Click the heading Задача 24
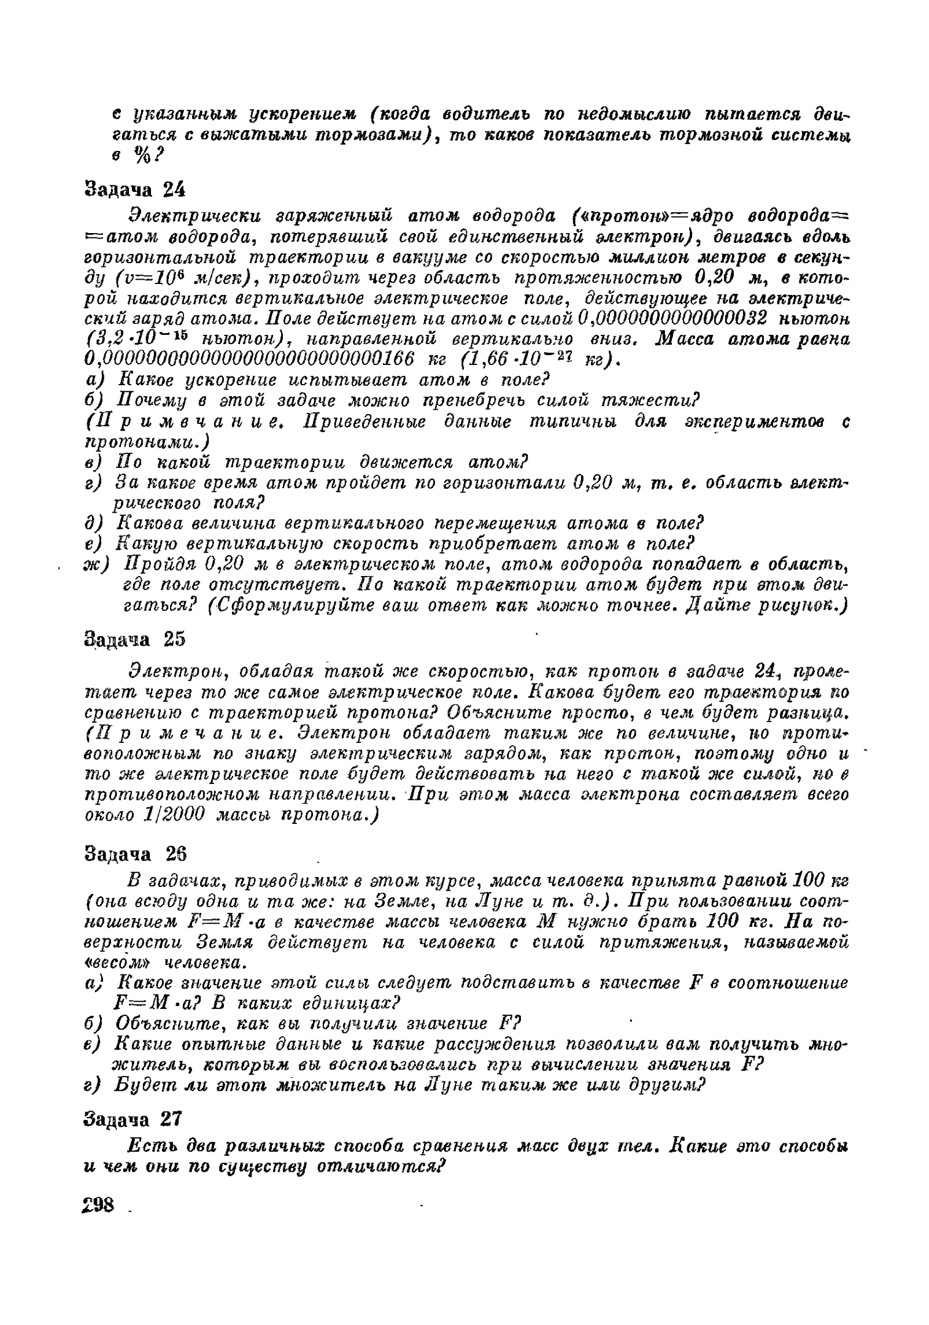point(134,190)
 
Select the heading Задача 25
point(134,639)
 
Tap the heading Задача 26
point(134,854)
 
